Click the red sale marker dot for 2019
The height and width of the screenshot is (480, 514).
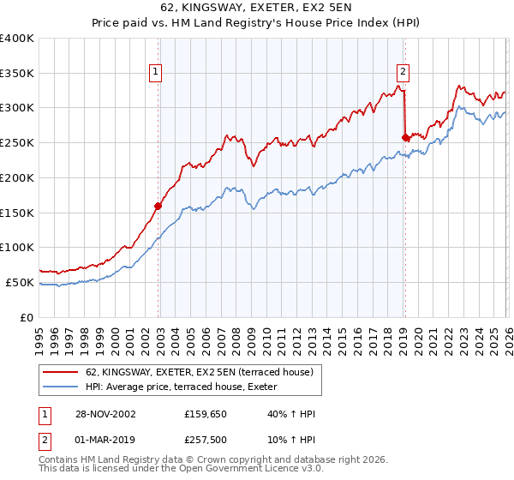[x=404, y=136]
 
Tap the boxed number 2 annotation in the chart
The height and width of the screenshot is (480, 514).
[x=403, y=73]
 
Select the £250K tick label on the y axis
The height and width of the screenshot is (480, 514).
[x=17, y=143]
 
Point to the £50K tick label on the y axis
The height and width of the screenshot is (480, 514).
[x=20, y=282]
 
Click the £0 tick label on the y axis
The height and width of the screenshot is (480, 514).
[x=27, y=317]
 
